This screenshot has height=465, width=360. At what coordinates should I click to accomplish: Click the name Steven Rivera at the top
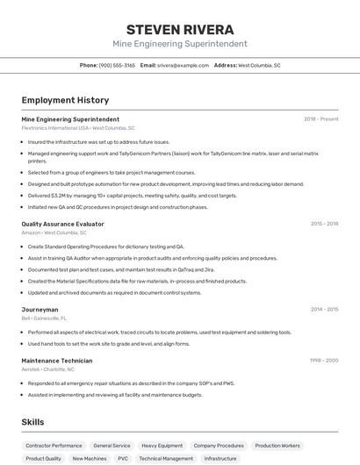click(x=179, y=29)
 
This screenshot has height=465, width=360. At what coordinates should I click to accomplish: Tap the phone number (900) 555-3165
click(x=117, y=65)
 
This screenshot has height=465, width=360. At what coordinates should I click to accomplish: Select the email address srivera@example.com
click(x=183, y=65)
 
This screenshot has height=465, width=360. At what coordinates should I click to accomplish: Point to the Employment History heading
click(x=65, y=100)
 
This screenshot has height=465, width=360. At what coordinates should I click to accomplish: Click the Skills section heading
click(x=33, y=422)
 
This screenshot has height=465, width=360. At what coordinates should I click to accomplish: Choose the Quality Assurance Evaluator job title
click(x=62, y=224)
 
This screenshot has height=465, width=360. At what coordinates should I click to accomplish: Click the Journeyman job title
click(x=40, y=310)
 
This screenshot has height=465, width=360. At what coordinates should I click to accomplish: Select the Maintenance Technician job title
click(x=56, y=361)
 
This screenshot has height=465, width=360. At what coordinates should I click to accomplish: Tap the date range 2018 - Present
click(x=320, y=118)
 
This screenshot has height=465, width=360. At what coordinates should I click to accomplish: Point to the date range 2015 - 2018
click(x=324, y=224)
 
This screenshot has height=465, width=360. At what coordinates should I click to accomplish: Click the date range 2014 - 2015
click(x=324, y=310)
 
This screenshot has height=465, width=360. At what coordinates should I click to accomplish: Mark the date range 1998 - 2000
click(x=323, y=361)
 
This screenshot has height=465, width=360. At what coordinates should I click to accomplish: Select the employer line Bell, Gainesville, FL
click(x=44, y=318)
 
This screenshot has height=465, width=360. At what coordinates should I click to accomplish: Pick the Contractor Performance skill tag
click(x=54, y=446)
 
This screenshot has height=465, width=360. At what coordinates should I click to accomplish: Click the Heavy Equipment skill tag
click(x=162, y=446)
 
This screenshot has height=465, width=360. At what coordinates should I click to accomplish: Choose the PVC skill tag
click(x=123, y=458)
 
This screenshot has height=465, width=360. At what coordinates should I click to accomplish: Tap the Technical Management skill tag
click(x=166, y=458)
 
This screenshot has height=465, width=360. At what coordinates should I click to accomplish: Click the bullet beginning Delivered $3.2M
click(x=132, y=196)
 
